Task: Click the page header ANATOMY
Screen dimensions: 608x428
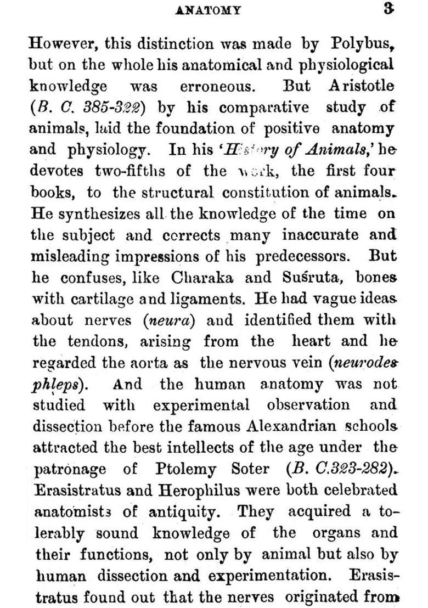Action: pyautogui.click(x=215, y=10)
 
